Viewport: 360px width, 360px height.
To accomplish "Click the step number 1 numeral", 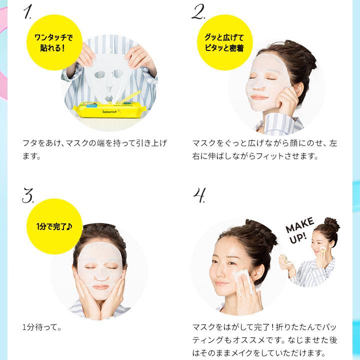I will click(x=28, y=12).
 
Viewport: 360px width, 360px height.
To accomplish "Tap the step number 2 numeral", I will click(x=198, y=12).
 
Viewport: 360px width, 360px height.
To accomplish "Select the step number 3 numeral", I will click(x=28, y=194).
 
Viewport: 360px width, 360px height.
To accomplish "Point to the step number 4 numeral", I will click(x=199, y=195).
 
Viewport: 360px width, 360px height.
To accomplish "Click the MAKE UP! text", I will click(x=301, y=229).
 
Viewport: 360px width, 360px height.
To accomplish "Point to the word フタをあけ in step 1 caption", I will click(x=39, y=143).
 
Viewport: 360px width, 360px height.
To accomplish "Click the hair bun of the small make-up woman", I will click(x=331, y=223).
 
